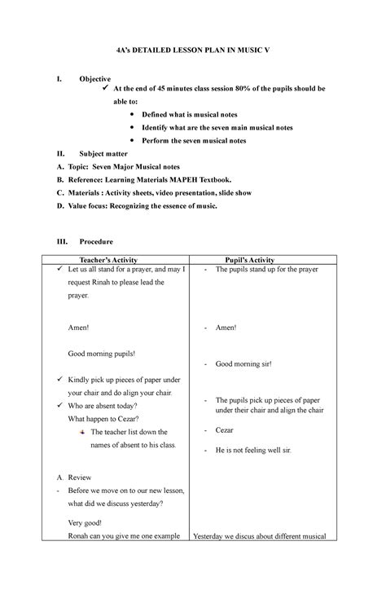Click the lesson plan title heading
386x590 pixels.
point(192,51)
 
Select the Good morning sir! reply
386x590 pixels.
point(243,364)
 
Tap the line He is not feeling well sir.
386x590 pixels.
point(253,450)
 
